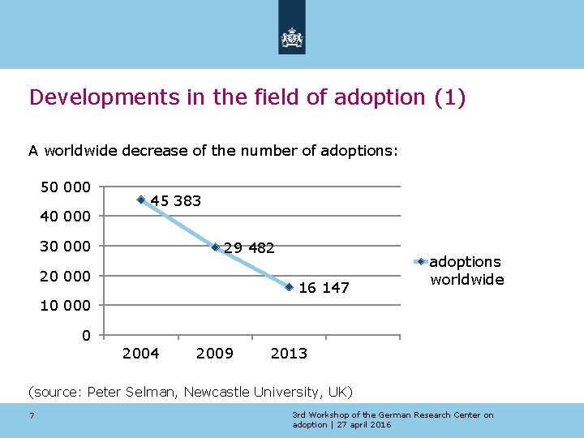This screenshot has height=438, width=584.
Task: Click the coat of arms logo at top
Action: click(291, 36)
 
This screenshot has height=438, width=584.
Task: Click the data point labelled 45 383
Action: click(141, 200)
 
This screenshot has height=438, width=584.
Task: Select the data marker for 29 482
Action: click(215, 247)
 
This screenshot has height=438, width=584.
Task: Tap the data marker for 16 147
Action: click(289, 287)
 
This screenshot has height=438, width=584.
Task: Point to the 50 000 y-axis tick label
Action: click(66, 187)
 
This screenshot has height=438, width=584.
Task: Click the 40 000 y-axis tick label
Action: click(66, 217)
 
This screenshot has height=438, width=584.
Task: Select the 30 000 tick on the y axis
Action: click(66, 247)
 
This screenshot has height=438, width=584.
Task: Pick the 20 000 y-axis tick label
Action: click(66, 277)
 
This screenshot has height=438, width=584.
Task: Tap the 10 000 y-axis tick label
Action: click(66, 306)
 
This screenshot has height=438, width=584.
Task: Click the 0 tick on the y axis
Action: click(86, 336)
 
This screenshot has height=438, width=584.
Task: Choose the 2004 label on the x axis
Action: click(140, 353)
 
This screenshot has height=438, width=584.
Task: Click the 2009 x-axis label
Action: click(215, 353)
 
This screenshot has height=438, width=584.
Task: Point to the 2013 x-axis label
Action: click(289, 353)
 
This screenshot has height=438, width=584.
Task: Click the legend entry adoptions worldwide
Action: click(466, 270)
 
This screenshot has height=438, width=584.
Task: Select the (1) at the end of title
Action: click(449, 98)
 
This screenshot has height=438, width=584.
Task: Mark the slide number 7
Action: click(31, 417)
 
